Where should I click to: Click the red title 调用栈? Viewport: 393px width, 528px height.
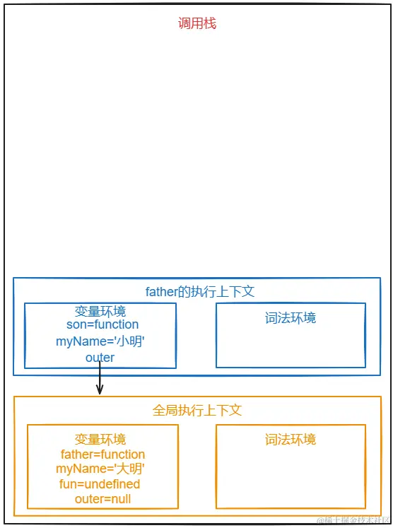196,23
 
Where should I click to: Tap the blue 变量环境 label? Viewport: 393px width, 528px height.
100,312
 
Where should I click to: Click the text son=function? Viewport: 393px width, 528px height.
102,324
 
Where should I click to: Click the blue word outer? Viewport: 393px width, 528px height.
100,358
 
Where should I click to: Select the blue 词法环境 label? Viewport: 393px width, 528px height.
291,318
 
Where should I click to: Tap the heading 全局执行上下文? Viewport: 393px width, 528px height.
197,410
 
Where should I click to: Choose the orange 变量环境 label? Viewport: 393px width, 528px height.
100,439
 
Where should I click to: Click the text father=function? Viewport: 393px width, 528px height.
102,454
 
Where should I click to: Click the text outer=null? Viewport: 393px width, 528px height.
102,499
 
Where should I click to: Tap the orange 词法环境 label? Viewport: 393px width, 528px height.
291,439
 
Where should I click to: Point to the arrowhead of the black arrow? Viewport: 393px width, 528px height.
100,391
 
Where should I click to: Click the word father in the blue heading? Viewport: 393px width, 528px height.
161,291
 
